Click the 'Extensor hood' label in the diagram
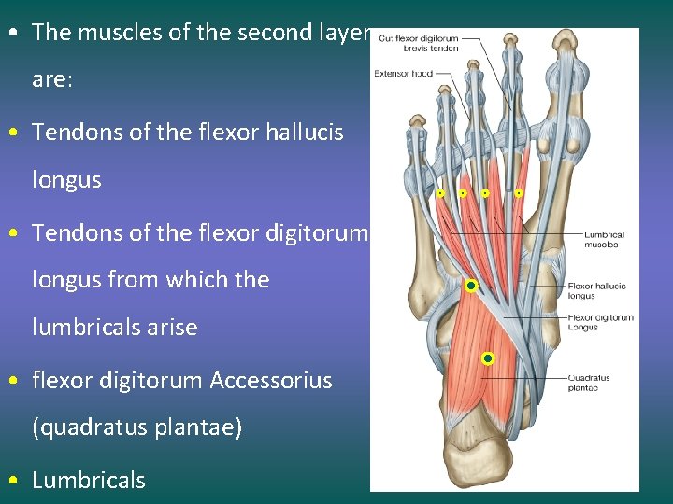(403, 73)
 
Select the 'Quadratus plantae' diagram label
(589, 383)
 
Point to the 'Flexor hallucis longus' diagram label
(596, 291)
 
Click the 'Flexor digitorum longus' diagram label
(600, 322)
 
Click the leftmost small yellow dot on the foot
(440, 193)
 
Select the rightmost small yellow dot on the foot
(519, 193)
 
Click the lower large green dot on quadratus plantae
(487, 358)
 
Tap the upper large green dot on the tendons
(471, 286)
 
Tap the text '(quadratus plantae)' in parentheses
(136, 427)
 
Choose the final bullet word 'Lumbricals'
(89, 481)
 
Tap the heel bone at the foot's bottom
(486, 462)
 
